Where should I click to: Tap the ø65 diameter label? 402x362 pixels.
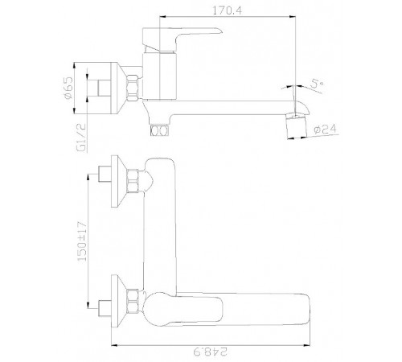click(x=68, y=88)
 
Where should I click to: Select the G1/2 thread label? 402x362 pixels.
click(x=82, y=138)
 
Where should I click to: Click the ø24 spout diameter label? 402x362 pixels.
click(x=325, y=130)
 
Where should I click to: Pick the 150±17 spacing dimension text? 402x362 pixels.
click(x=82, y=241)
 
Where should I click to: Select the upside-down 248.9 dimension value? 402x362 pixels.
click(x=211, y=352)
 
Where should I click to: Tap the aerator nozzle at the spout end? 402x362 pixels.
click(x=296, y=125)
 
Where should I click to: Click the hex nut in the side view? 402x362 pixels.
click(x=133, y=88)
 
